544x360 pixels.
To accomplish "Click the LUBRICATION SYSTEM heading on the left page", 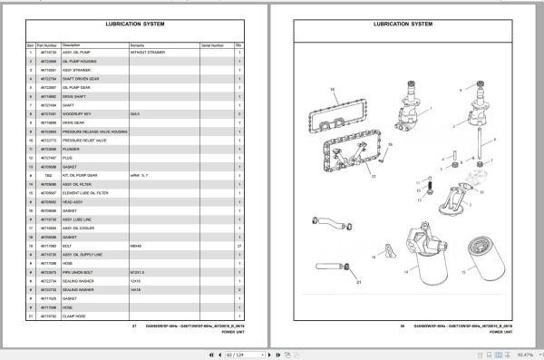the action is (135, 24).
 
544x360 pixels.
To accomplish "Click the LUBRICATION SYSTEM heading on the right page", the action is (407, 24).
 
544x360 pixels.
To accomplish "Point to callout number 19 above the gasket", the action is (332, 89).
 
